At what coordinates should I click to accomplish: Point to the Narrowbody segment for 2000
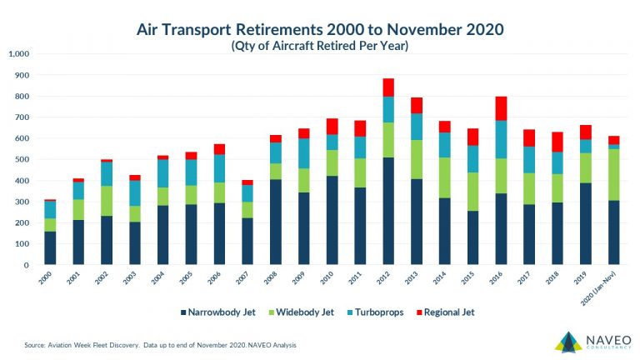point(51,247)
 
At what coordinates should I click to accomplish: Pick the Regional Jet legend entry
point(456,312)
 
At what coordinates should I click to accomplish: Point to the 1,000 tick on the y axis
point(18,54)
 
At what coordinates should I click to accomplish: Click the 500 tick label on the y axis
point(22,159)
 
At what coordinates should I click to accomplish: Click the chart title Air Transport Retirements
point(320,30)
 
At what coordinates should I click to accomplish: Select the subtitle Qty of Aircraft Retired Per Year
point(320,47)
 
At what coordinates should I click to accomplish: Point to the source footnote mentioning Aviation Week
point(158,343)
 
